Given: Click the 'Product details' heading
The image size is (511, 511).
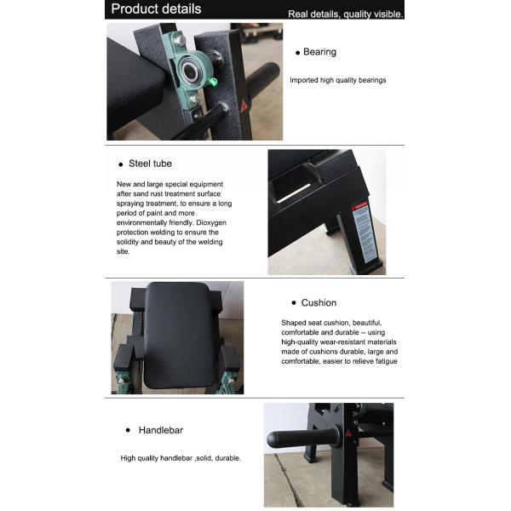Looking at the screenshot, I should point(157,9).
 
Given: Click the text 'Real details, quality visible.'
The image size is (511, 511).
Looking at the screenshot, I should point(346,14).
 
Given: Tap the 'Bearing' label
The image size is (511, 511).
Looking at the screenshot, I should point(319,52).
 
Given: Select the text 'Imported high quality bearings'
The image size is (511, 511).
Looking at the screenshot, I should point(337,80).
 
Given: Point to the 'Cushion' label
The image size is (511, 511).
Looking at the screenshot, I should point(319,302).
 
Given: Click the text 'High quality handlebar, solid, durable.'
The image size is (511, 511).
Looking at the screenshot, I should point(181,457).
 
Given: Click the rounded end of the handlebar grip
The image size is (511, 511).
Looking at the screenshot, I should point(273,440).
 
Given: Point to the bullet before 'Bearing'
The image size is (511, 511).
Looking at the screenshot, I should point(297,52).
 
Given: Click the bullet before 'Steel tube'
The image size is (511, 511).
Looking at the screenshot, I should point(121,163).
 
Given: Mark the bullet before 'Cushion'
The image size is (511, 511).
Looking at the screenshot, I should point(294,303).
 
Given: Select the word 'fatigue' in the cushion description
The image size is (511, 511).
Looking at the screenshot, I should point(382,361).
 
